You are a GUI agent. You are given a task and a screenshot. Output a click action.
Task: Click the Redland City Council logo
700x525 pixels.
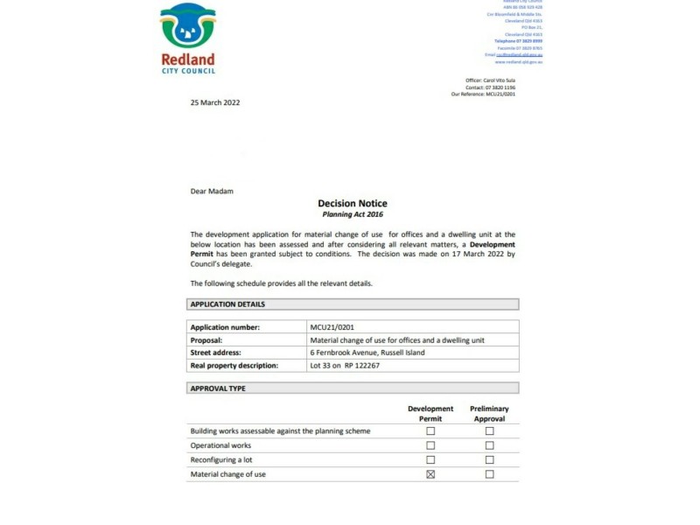tap(188, 39)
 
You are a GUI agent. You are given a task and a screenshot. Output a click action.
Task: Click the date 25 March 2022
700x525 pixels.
tap(215, 102)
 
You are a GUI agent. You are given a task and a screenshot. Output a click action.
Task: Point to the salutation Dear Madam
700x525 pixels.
tap(212, 190)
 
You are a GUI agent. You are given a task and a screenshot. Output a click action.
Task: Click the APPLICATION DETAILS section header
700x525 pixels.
tap(227, 304)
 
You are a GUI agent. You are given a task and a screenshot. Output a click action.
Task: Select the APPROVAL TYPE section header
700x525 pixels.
tap(218, 388)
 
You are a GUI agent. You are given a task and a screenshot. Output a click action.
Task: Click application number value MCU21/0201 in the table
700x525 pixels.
tap(332, 327)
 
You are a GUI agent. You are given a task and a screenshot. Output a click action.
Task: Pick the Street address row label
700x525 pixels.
tap(218, 353)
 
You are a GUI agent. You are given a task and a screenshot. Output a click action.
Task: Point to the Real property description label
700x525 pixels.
tap(234, 365)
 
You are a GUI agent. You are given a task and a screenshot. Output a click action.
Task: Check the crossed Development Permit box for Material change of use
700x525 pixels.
tap(430, 474)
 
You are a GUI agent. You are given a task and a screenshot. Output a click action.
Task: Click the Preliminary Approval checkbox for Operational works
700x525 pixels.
tap(489, 445)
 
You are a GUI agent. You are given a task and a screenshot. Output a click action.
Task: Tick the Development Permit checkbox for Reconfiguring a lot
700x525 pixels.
tap(430, 459)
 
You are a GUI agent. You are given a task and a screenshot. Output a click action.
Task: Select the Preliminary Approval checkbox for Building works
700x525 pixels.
tap(489, 431)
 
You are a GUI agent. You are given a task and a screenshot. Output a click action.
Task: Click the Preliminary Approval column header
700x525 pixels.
tap(489, 413)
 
